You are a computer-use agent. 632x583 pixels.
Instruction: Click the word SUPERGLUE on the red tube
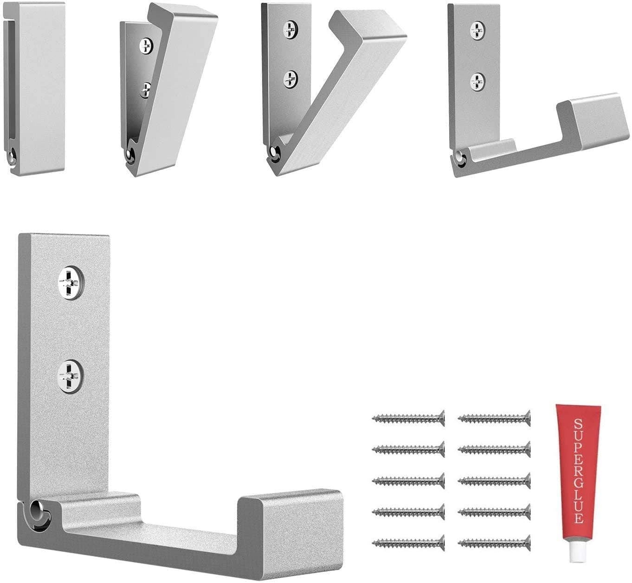click(578, 471)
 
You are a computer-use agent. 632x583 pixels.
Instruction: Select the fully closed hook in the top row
click(35, 88)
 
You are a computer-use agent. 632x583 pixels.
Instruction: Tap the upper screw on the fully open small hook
click(477, 30)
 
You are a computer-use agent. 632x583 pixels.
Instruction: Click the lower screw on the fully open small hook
click(477, 81)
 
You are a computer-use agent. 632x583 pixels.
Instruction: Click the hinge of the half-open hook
click(275, 153)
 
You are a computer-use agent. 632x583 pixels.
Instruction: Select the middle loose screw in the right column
click(495, 481)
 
